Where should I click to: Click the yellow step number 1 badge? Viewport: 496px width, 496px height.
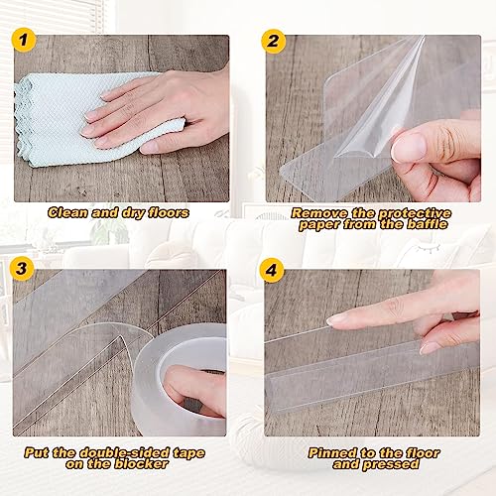click(24, 40)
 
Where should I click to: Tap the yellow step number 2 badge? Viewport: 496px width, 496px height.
click(274, 42)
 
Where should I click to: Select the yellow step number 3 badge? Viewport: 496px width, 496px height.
click(22, 269)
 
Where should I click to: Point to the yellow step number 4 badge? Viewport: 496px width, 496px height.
click(272, 270)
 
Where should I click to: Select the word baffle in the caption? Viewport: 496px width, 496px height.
click(427, 224)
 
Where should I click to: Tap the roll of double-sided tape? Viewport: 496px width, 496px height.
click(181, 379)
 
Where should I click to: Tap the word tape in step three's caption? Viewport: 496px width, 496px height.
click(188, 453)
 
